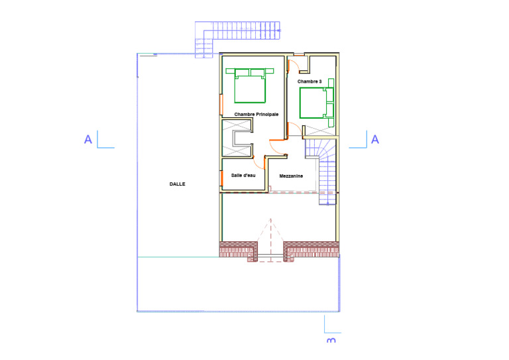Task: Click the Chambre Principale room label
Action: point(256,114)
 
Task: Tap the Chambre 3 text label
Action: point(310,82)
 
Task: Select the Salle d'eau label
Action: point(243,175)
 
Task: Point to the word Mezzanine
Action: point(291,176)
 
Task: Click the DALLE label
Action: point(177,184)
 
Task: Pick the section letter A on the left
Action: point(88,140)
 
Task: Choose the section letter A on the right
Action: point(375,140)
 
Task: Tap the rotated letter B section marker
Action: point(331,340)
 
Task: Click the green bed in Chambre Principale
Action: point(250,86)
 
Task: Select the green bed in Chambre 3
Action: point(317,103)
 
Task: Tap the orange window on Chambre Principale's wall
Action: point(221,105)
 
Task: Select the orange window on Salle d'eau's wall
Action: point(221,178)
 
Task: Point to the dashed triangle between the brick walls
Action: point(270,240)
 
